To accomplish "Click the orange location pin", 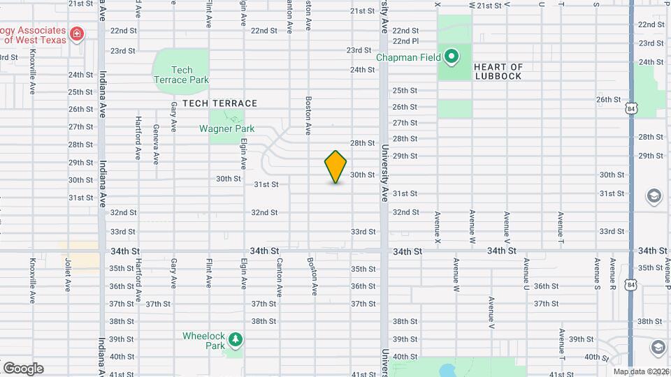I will tap(336, 167).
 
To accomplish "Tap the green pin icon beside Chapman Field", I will tap(452, 57).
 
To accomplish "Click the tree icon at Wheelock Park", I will tap(236, 340).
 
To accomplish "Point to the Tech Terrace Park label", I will tap(181, 75).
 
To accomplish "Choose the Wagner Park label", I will tap(226, 128).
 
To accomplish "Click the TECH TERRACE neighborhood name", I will tap(219, 103).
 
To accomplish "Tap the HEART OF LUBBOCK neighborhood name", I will tap(498, 71).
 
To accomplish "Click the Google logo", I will tap(23, 368).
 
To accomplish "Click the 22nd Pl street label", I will tap(405, 41).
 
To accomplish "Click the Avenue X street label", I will tap(438, 228).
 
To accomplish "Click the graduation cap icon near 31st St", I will tap(654, 195).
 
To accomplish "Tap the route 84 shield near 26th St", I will tap(631, 109).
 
